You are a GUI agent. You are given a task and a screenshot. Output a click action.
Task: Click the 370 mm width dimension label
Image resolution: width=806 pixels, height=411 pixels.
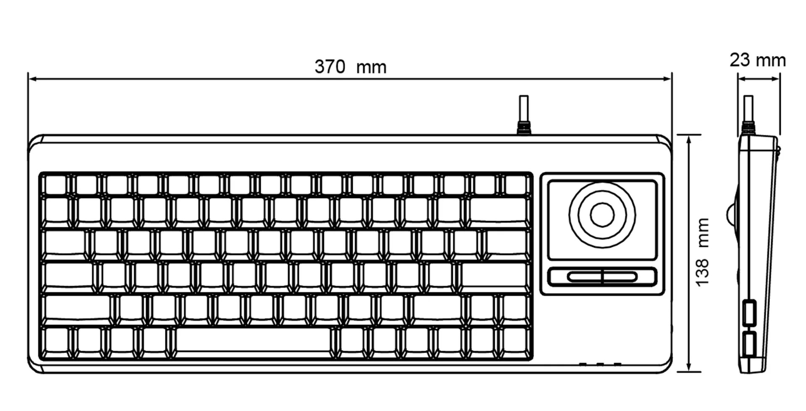351,67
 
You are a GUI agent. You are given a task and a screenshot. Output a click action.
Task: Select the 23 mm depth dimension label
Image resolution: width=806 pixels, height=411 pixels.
758,60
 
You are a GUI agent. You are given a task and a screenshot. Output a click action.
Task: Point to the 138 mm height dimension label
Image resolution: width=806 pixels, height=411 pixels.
702,252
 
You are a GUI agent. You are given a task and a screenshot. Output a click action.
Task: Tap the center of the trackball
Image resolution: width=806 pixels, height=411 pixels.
602,215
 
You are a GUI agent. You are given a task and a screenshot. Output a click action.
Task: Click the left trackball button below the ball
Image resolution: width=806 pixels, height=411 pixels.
584,277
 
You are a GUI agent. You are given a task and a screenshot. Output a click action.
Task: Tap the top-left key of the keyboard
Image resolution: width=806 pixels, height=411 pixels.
56,184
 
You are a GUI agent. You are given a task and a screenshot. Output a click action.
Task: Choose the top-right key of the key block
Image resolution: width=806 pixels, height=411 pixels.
516,184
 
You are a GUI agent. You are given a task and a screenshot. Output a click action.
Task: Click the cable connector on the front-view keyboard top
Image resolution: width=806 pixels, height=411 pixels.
523,128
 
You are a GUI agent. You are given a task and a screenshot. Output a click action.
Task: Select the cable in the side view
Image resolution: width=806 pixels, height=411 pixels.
748,109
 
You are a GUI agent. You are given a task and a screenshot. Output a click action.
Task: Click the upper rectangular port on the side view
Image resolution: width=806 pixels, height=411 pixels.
749,312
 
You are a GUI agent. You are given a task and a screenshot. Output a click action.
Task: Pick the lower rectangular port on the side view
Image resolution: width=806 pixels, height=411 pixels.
749,344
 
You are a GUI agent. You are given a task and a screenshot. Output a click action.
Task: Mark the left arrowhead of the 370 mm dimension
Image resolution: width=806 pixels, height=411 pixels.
32,79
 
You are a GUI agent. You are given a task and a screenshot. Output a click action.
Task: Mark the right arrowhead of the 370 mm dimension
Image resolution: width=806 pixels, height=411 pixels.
667,79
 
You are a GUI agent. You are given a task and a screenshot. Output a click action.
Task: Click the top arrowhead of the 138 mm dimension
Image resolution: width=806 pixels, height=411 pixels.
689,139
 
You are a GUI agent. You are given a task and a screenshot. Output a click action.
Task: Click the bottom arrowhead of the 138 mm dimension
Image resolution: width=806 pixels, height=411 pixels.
689,367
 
